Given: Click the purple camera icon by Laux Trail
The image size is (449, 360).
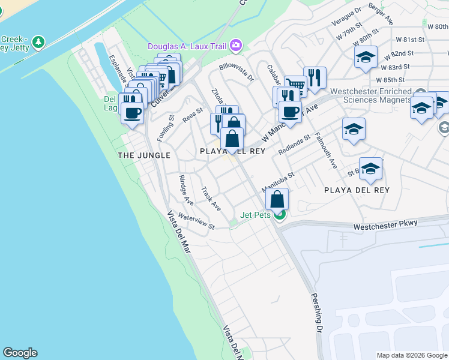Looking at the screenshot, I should [x=236, y=44].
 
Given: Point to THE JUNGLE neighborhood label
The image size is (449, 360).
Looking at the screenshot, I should [x=144, y=155].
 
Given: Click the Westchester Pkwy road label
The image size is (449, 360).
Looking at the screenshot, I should [x=385, y=226].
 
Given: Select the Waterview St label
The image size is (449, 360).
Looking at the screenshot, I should [x=196, y=221].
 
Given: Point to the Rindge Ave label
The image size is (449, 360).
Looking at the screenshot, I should [x=186, y=190].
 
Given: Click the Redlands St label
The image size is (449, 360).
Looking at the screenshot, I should [x=294, y=145].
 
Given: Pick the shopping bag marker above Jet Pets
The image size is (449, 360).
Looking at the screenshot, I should [x=277, y=199].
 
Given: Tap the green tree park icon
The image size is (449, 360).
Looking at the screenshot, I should [x=39, y=42].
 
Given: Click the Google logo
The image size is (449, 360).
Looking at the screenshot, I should [x=20, y=353].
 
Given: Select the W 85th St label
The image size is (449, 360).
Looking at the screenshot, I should [x=394, y=79].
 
